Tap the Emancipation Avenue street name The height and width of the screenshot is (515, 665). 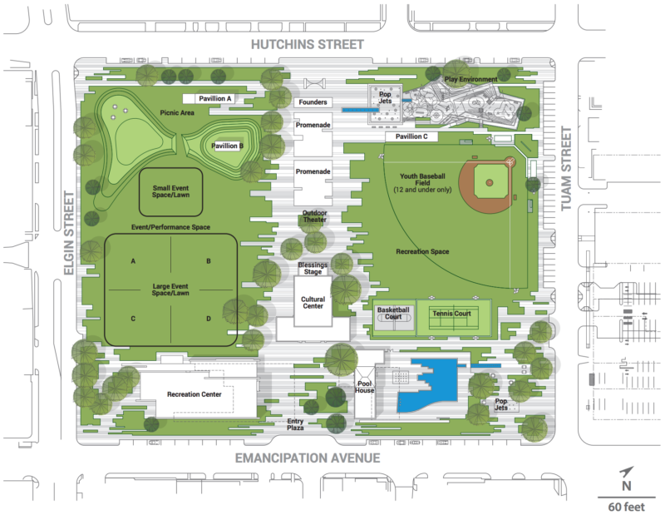(x=309, y=458)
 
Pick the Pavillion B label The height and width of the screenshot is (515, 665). (x=227, y=146)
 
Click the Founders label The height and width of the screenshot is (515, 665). (x=313, y=102)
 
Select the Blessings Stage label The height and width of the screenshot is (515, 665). (x=313, y=269)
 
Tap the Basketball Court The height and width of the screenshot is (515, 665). (x=394, y=317)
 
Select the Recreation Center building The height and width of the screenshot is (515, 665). (x=195, y=394)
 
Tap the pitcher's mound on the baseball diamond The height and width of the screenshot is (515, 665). (x=490, y=182)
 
